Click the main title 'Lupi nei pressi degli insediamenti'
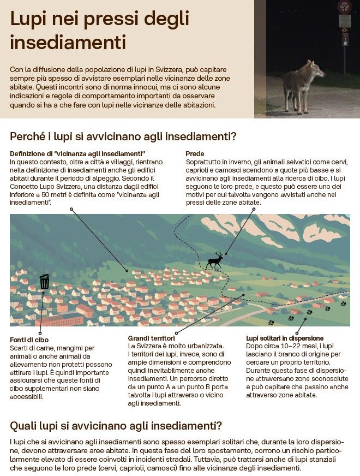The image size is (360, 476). click(x=100, y=30)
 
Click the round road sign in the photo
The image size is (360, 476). click(x=344, y=7)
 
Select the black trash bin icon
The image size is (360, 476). click(x=45, y=282)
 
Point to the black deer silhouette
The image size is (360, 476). click(x=214, y=260)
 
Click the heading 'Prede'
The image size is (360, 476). click(x=195, y=154)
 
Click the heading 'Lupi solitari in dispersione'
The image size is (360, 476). click(x=285, y=338)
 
